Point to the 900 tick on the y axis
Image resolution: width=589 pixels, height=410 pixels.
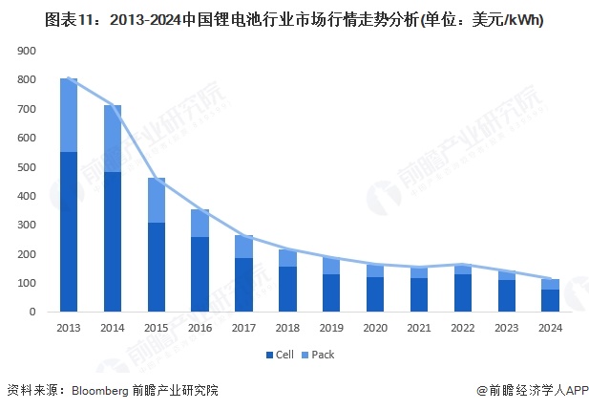pos(27,52)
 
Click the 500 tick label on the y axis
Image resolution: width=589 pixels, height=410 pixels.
pos(27,167)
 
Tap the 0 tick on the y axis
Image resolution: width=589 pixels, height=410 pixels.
pos(32,313)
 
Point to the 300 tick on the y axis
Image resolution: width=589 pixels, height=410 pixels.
pos(27,226)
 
